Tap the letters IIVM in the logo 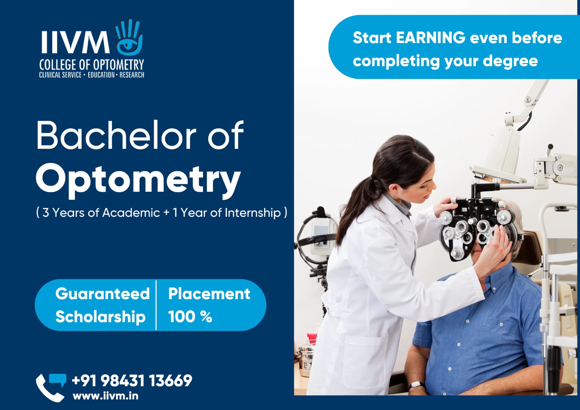(x=75, y=42)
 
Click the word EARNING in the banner (x=430, y=38)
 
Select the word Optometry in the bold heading (x=138, y=180)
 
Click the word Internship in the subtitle (x=253, y=213)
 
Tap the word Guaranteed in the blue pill (x=103, y=294)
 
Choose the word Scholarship (x=100, y=317)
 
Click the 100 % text (x=190, y=316)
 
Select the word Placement (x=209, y=294)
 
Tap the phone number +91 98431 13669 (x=132, y=381)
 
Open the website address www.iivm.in (x=105, y=396)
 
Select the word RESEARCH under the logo (x=132, y=75)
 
